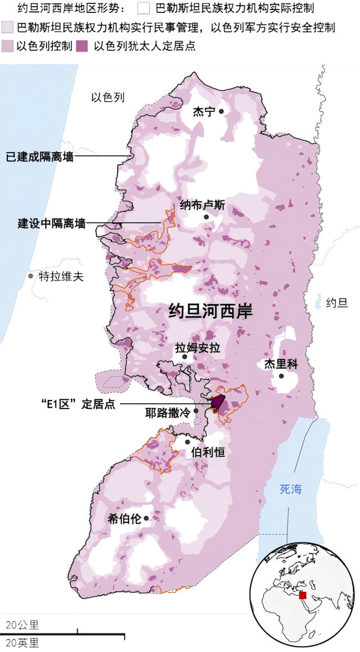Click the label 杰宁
[x=204, y=111]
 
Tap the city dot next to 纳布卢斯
[x=206, y=217]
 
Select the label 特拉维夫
[x=61, y=276]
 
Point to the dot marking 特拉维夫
[x=30, y=276]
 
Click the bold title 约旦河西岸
[x=210, y=311]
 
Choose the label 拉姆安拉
[x=197, y=348]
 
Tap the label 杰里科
[x=281, y=364]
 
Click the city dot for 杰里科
[x=281, y=376]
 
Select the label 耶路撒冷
[x=168, y=412]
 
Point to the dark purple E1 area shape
[x=218, y=403]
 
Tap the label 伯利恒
[x=208, y=451]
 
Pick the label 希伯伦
[x=124, y=518]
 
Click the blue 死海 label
[x=291, y=489]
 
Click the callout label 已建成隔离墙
[x=39, y=157]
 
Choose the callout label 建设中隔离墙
[x=52, y=223]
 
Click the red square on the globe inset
[x=303, y=595]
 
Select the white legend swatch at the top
[x=143, y=8]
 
